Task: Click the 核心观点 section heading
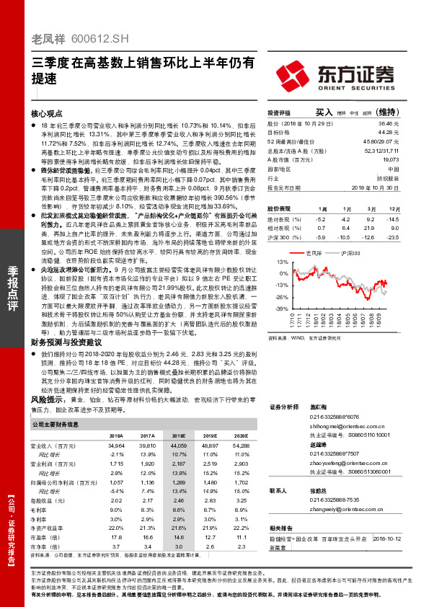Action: (x=47, y=114)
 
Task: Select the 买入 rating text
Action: (x=323, y=113)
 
